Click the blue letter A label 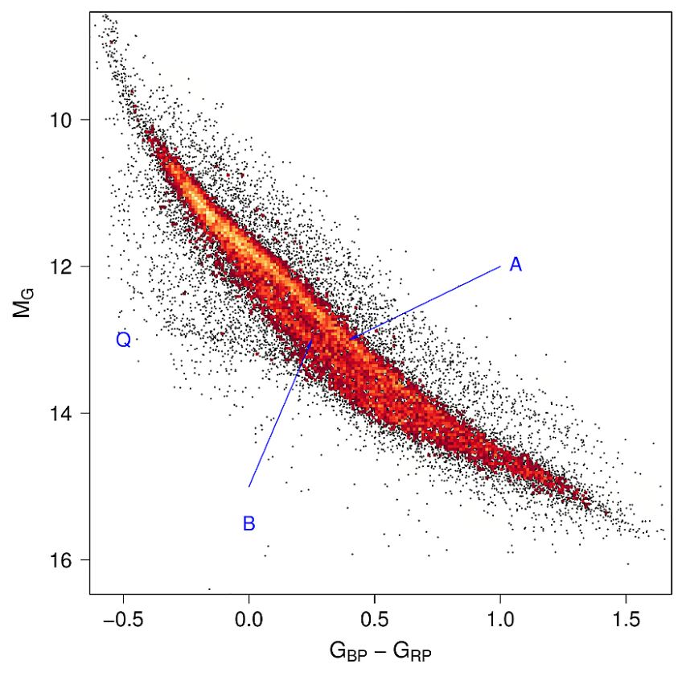pos(516,265)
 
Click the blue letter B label pos(249,524)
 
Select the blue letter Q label pos(123,340)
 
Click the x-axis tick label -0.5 pos(121,618)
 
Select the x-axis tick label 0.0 pos(249,618)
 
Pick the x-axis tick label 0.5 pos(375,618)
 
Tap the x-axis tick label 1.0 pos(500,618)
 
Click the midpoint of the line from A pos(425,303)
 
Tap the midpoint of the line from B pos(281,412)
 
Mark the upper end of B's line pos(312,339)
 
